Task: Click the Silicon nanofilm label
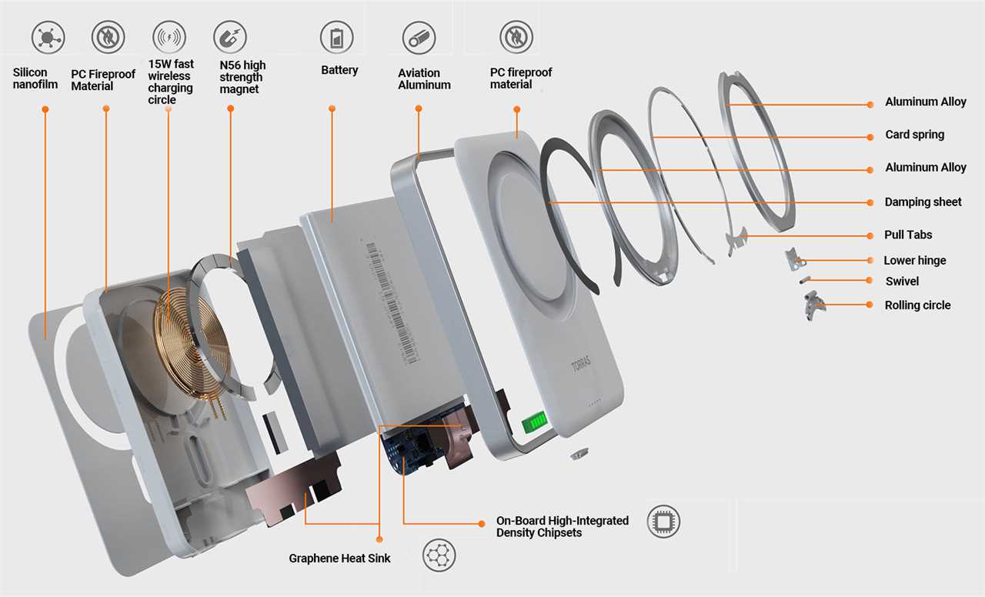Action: [35, 78]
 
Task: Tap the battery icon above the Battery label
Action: [337, 38]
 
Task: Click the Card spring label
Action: [914, 135]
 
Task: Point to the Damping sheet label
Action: [923, 202]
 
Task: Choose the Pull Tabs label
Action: [908, 235]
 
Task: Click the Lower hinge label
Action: [914, 261]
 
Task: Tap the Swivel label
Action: [902, 282]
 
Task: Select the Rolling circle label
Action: [917, 305]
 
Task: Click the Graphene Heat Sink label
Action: [339, 559]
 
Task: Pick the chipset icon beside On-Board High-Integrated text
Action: [663, 522]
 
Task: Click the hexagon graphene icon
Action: [439, 555]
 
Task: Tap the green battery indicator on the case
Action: [534, 422]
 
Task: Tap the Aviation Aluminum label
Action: [424, 79]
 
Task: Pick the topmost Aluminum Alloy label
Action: [925, 102]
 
